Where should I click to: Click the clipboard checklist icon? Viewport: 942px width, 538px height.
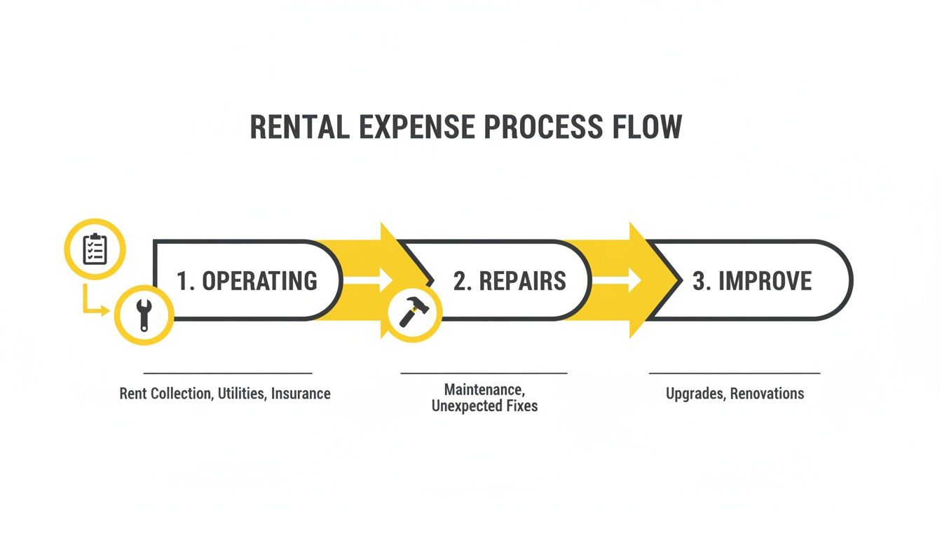click(x=95, y=249)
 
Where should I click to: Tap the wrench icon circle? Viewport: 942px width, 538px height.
click(x=144, y=315)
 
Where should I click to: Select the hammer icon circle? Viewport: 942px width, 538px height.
click(x=413, y=312)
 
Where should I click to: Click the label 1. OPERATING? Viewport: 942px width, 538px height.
click(x=247, y=281)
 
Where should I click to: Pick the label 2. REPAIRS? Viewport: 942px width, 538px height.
click(x=510, y=281)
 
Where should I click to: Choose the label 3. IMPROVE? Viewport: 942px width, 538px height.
click(x=752, y=281)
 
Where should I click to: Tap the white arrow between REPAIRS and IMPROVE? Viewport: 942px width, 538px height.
click(x=616, y=281)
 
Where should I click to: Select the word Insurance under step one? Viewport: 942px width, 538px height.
click(x=301, y=394)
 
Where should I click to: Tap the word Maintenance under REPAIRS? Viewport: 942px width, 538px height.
click(x=484, y=388)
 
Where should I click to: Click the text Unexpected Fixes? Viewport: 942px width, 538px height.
click(x=484, y=406)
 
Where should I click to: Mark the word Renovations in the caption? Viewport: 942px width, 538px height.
click(x=767, y=394)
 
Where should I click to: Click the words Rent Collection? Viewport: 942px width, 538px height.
click(x=165, y=394)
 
